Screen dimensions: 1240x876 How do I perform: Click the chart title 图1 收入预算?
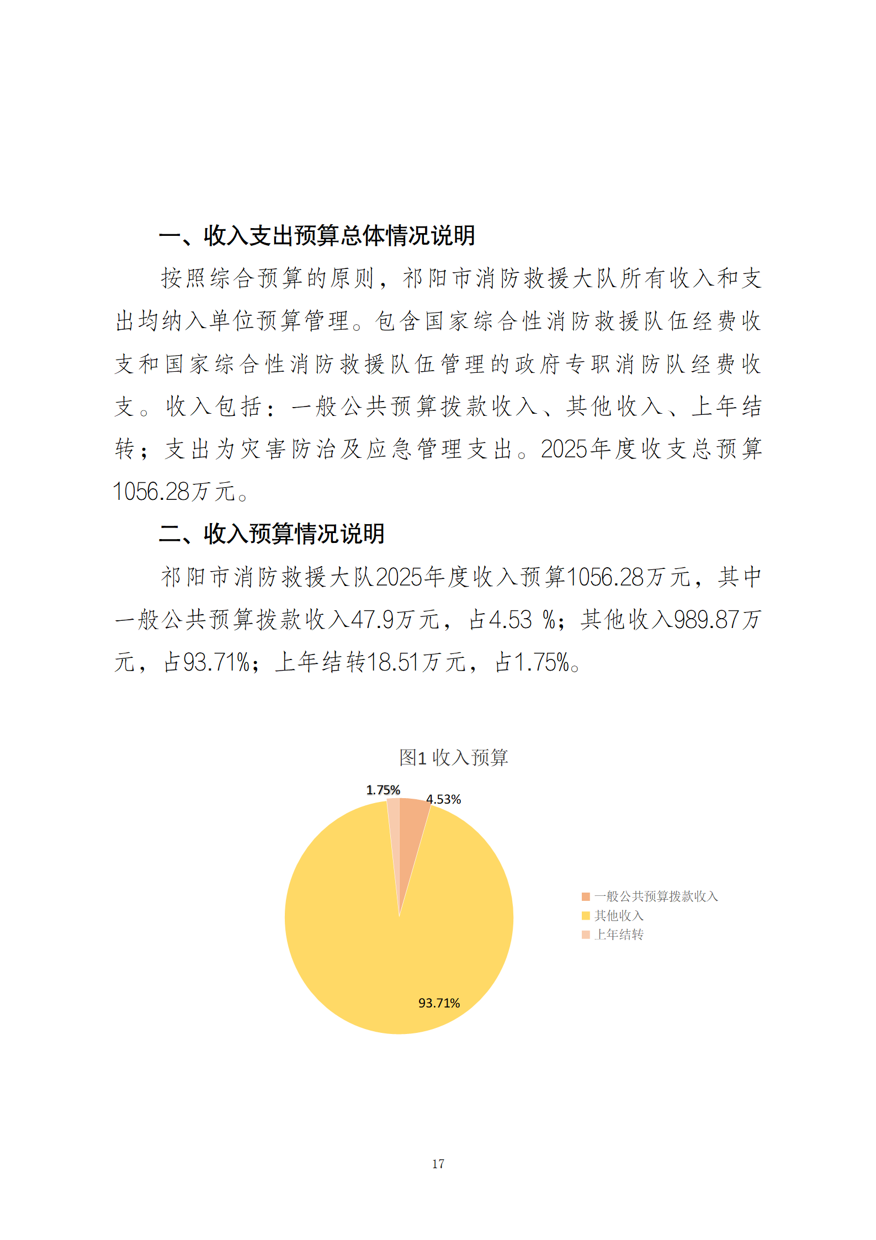point(453,757)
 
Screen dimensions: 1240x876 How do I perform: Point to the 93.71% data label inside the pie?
point(439,1003)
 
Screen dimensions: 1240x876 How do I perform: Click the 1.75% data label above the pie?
point(383,790)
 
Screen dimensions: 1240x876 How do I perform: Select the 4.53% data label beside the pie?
point(443,799)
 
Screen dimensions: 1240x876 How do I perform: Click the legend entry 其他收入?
point(619,915)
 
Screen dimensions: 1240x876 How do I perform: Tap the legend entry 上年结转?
point(619,934)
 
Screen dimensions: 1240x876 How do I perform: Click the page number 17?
point(438,1164)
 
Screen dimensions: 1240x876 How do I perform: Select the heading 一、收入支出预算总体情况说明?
point(317,236)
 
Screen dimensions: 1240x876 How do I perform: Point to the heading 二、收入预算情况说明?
point(272,534)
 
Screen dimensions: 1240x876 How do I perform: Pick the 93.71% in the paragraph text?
point(216,662)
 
